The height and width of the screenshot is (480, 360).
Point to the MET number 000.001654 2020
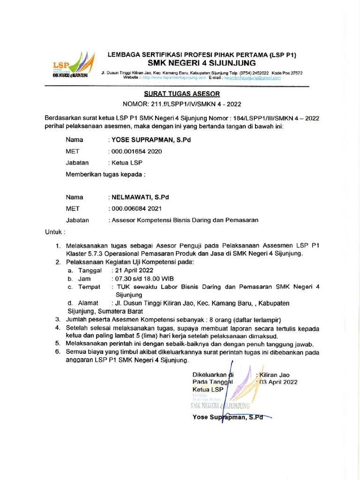(136, 151)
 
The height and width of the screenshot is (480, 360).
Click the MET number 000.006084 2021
(136, 208)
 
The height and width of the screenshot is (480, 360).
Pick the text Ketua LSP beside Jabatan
(126, 163)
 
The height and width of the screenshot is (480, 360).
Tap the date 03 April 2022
(279, 382)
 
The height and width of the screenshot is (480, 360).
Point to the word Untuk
(54, 232)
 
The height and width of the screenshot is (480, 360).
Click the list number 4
(57, 328)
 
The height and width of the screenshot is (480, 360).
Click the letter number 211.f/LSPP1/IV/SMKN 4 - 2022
(182, 104)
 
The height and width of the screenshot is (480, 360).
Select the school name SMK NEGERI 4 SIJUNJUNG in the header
(202, 63)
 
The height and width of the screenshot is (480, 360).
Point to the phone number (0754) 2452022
(255, 73)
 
